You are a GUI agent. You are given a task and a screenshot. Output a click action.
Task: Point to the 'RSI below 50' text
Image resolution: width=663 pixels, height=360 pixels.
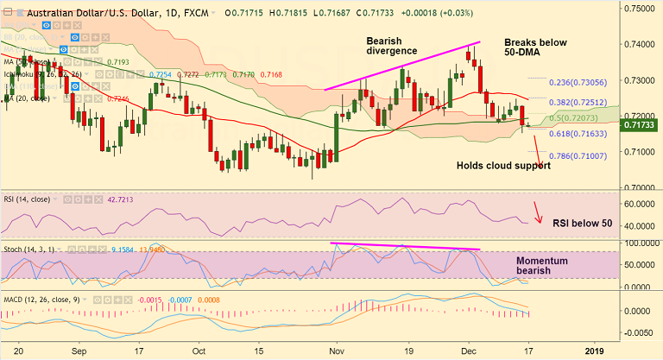[583, 224]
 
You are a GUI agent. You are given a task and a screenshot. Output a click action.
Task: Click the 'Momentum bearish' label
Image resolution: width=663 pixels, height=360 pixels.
[546, 266]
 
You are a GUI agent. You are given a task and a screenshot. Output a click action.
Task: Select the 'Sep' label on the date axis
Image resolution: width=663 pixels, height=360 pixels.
[79, 351]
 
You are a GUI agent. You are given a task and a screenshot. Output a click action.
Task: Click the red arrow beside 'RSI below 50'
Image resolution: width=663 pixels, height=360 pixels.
[539, 212]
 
